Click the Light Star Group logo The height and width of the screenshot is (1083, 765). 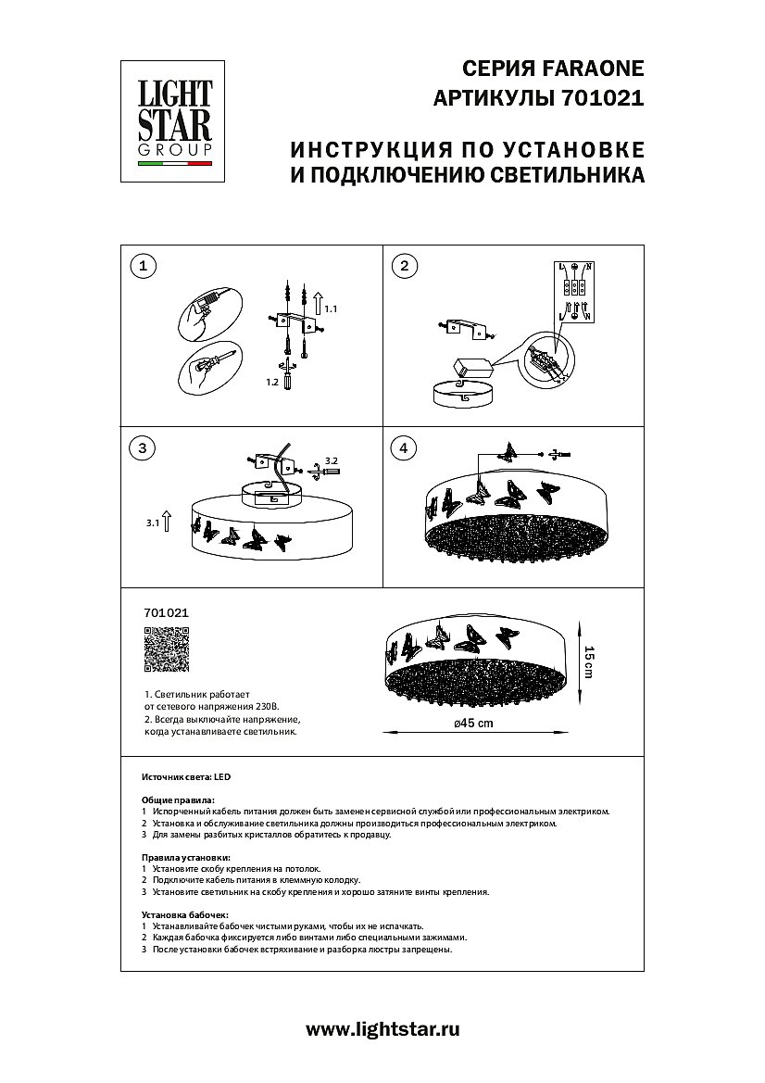click(175, 121)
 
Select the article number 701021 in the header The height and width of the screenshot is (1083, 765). click(603, 98)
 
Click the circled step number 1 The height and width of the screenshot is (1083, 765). click(142, 267)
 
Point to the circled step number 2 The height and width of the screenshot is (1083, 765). click(403, 267)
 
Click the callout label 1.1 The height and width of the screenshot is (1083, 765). click(333, 308)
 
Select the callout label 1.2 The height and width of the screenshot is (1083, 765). click(272, 381)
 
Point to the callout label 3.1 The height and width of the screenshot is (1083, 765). click(154, 523)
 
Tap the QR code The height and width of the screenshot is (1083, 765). click(167, 649)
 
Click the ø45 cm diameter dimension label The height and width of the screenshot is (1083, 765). click(472, 724)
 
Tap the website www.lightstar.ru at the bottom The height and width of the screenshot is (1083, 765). click(382, 1028)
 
